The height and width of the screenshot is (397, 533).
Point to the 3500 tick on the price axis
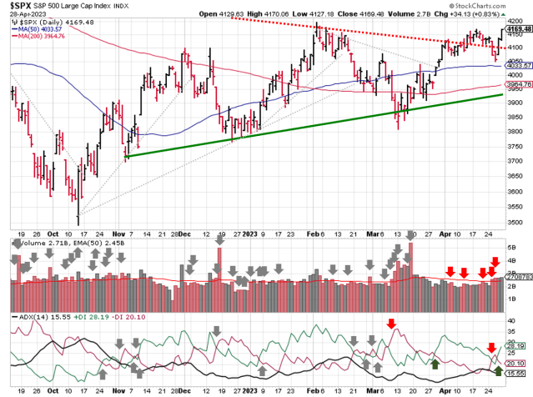(518, 209)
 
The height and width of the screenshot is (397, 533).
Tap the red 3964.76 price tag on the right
(517, 84)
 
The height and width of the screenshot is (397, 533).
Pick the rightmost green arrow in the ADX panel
(498, 360)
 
